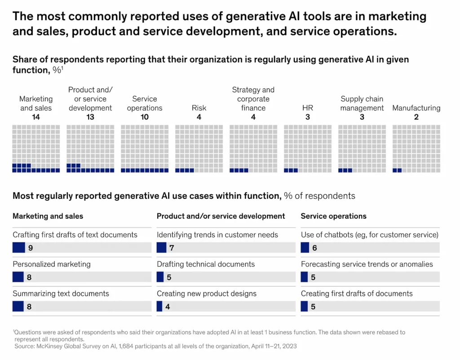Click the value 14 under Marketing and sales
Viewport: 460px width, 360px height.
(x=36, y=117)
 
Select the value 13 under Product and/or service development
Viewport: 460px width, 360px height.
(x=90, y=117)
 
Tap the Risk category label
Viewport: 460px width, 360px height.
(x=199, y=108)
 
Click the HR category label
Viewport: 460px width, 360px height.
(x=308, y=108)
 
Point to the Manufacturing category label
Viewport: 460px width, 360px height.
(x=416, y=108)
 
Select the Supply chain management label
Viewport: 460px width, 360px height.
(x=362, y=103)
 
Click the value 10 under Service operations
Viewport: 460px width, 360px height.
(x=145, y=117)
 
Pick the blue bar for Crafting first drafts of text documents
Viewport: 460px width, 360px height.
(x=18, y=248)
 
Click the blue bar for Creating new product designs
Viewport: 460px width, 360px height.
(x=159, y=307)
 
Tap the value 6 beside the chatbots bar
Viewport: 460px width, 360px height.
(x=315, y=248)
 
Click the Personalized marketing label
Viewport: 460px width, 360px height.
(x=52, y=264)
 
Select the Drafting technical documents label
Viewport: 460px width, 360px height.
(x=206, y=264)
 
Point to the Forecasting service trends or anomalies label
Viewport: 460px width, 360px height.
(x=367, y=264)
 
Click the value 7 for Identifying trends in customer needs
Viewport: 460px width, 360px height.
(x=172, y=248)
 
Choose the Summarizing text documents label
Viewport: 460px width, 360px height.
(x=61, y=294)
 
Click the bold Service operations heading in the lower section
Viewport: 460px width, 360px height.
(x=334, y=216)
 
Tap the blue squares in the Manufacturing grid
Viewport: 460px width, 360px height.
(x=397, y=171)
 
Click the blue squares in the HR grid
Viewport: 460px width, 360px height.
(x=291, y=171)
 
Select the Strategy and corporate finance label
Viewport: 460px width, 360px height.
(x=253, y=99)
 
